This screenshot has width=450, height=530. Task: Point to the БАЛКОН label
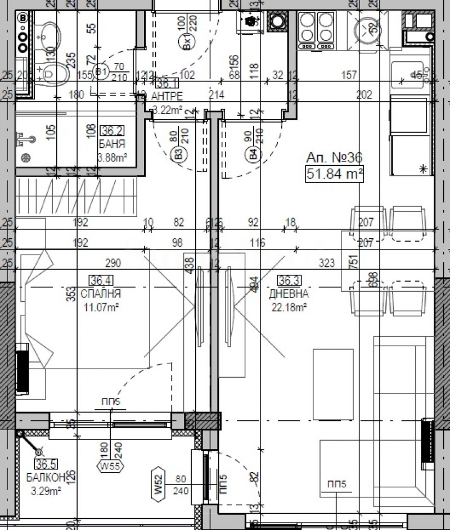44,477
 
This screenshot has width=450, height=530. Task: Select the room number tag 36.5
47,464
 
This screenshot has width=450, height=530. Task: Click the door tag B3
178,153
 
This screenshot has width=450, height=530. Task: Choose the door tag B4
253,153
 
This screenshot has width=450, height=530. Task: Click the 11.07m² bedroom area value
100,307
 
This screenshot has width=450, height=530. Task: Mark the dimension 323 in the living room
327,262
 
